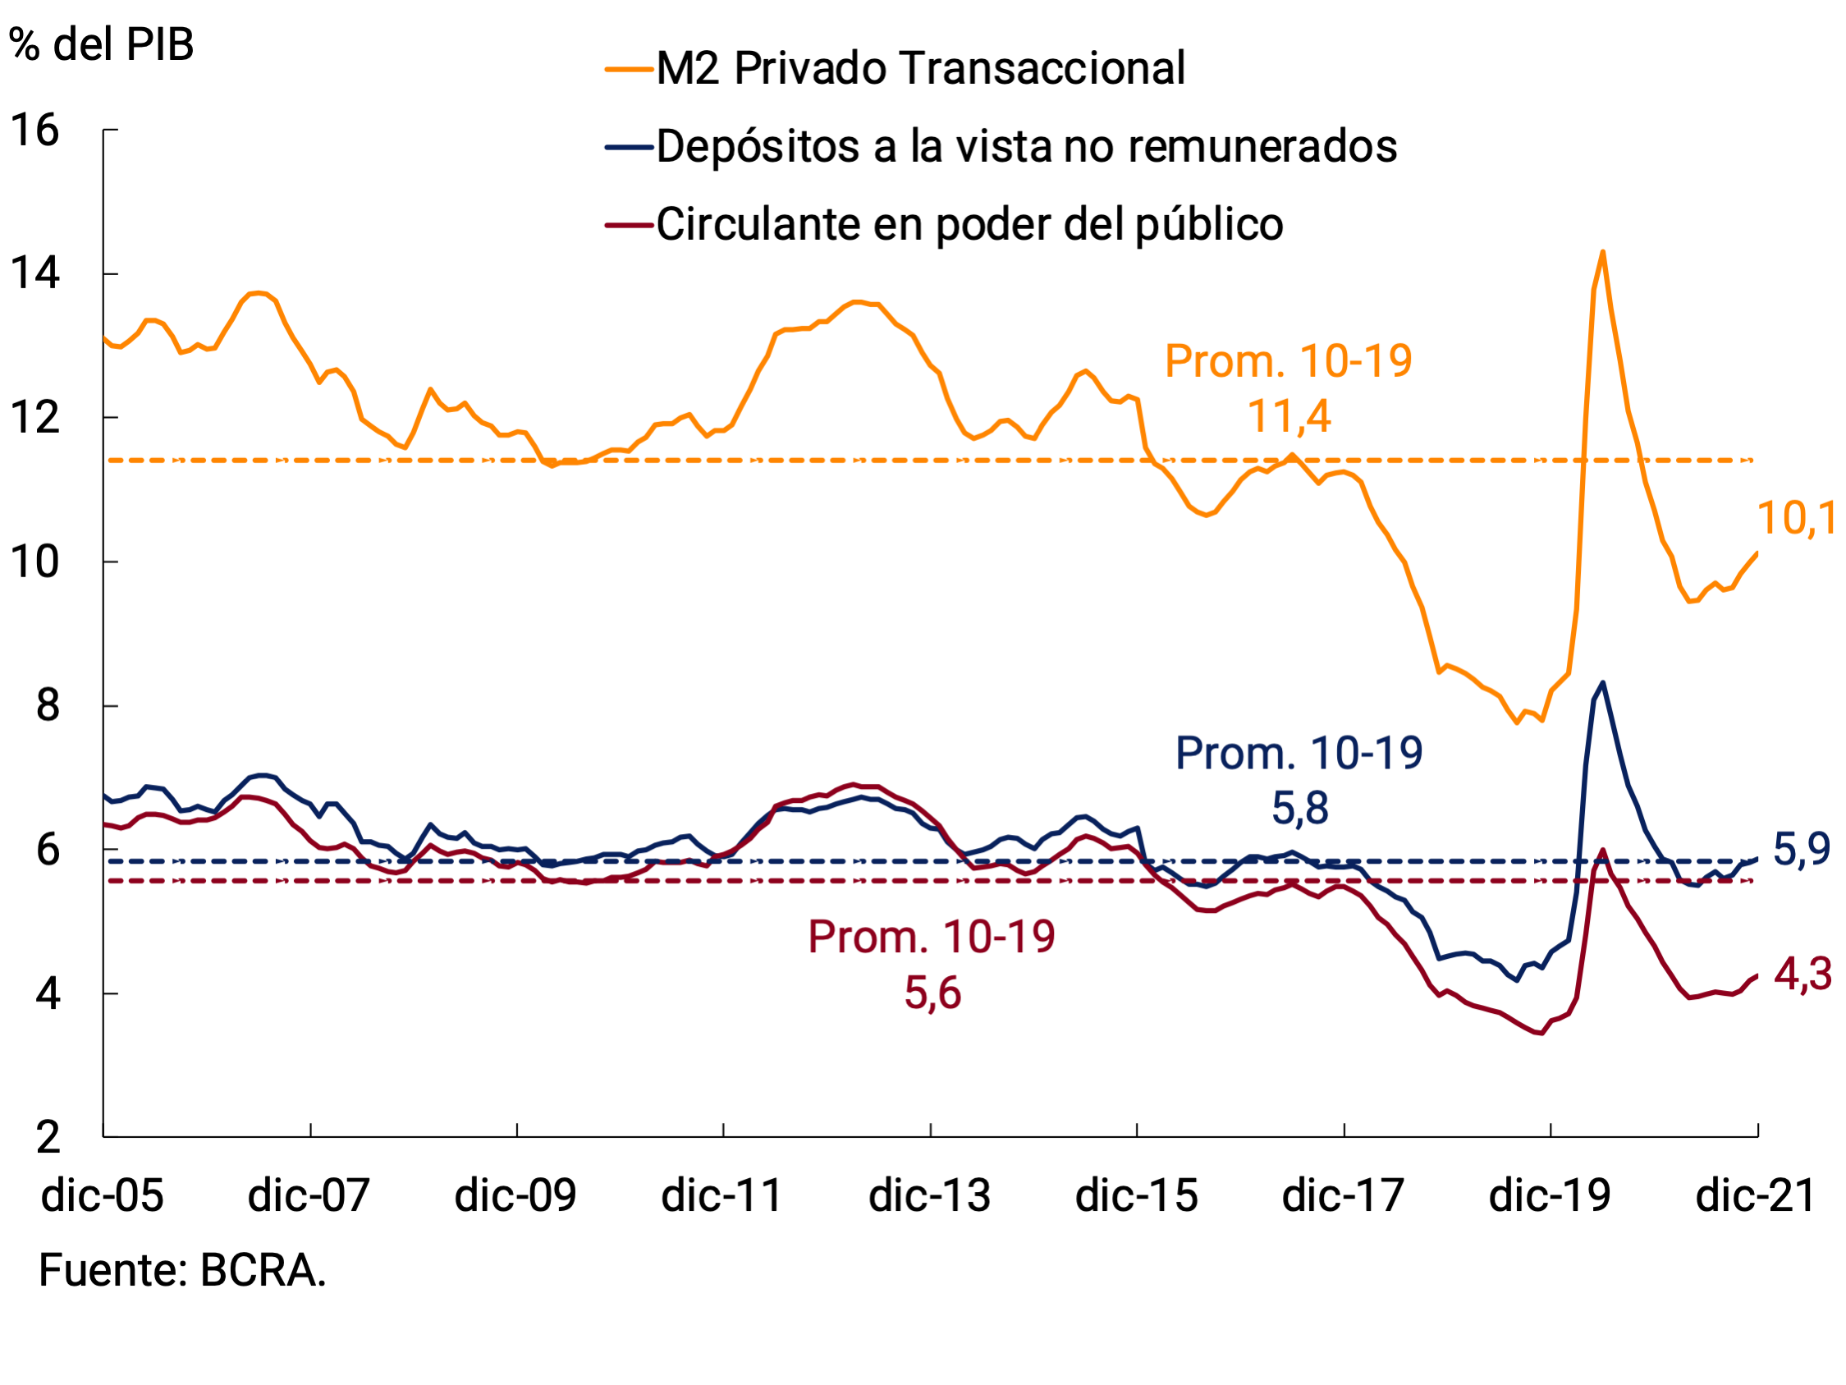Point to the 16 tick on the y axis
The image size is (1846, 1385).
(34, 131)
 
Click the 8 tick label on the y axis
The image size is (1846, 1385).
(48, 706)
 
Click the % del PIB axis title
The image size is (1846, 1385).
(101, 44)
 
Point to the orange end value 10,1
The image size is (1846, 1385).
(1796, 519)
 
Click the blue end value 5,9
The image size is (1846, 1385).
(1801, 851)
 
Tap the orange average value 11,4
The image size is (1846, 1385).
(1289, 416)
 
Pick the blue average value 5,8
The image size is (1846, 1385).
(1299, 809)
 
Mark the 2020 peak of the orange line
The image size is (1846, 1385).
(1602, 251)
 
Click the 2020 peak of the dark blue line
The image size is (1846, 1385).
(1602, 683)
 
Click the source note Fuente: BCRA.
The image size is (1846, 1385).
(182, 1273)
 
